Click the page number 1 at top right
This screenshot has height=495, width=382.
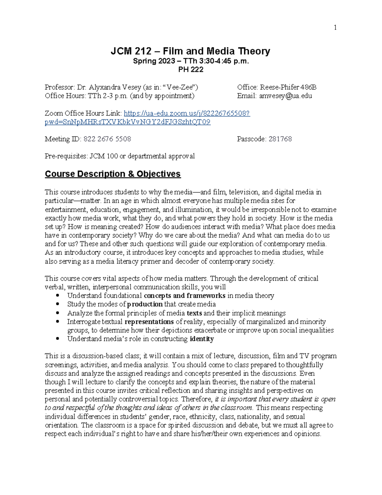click(x=335, y=28)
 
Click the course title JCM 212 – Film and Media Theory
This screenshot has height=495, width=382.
click(x=190, y=51)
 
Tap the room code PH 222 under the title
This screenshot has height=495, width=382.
click(x=191, y=69)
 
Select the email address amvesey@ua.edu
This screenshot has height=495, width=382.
click(x=285, y=96)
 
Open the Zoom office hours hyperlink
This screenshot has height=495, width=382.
click(x=187, y=113)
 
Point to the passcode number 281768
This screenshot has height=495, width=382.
click(x=280, y=139)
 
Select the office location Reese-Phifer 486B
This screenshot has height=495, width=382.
click(x=288, y=87)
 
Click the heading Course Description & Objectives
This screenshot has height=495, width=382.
click(x=113, y=174)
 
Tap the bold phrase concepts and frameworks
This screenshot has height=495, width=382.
click(x=185, y=296)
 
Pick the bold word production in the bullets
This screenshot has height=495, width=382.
click(x=145, y=304)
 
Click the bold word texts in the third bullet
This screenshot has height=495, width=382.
click(x=194, y=313)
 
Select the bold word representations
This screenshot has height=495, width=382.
click(x=149, y=322)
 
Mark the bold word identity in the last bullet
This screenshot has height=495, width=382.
click(x=202, y=339)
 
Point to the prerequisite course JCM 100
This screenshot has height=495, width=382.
click(x=104, y=156)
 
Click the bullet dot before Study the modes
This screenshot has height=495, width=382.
click(x=58, y=304)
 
